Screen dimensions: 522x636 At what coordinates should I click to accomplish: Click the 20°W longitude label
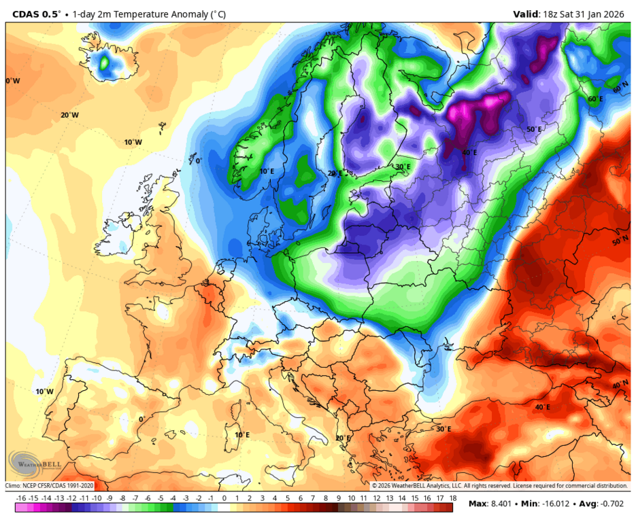click(x=69, y=115)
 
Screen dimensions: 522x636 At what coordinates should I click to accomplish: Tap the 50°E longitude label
click(x=534, y=129)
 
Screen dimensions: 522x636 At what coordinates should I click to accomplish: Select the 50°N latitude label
click(x=620, y=242)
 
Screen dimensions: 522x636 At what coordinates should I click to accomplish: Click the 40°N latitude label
click(x=620, y=385)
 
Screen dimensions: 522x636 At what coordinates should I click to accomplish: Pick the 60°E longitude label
click(x=596, y=99)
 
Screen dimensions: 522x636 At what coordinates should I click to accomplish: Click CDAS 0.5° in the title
click(x=36, y=14)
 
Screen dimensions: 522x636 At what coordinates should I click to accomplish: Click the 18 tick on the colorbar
click(x=452, y=498)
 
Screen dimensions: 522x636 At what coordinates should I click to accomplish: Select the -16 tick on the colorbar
click(x=20, y=498)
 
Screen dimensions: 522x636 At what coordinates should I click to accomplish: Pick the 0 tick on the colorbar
click(x=224, y=498)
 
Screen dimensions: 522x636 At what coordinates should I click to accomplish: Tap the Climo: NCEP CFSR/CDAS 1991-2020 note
click(x=50, y=486)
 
